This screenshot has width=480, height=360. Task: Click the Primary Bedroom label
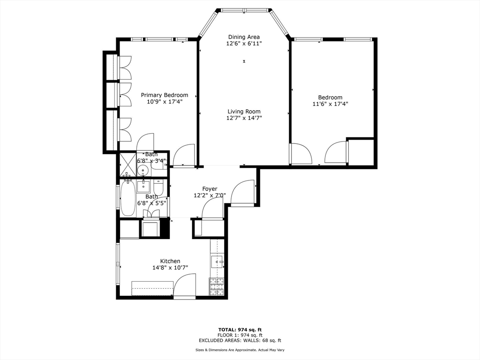[165, 95]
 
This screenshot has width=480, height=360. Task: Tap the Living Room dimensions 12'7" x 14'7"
[244, 118]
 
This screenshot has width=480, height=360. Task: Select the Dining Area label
[244, 37]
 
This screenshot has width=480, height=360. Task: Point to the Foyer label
[210, 189]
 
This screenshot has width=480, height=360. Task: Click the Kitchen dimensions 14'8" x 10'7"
[170, 268]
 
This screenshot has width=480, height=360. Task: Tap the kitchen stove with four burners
[217, 287]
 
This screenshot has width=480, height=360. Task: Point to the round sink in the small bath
[144, 169]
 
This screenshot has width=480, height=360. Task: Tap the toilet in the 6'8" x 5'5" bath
[158, 189]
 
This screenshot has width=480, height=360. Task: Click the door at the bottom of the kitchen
[185, 287]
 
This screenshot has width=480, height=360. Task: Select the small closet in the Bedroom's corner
[360, 152]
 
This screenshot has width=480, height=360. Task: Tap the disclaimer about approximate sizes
[240, 350]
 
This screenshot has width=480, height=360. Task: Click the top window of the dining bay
[245, 10]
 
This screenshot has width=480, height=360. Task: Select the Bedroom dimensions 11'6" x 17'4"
[330, 104]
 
